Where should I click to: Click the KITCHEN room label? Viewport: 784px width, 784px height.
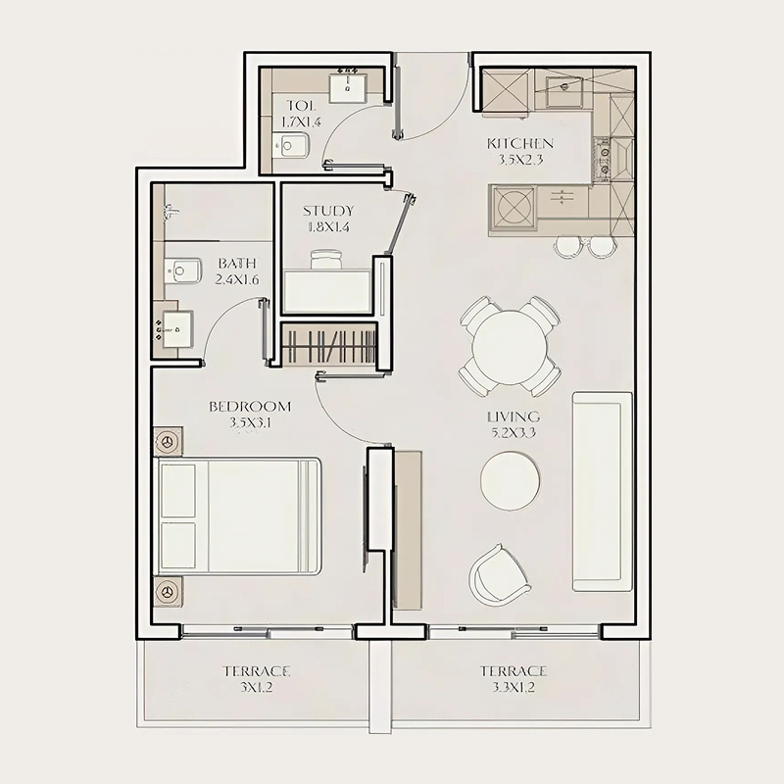(x=520, y=144)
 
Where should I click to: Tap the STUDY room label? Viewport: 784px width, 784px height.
(x=327, y=211)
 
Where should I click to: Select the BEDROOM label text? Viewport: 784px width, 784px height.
(x=250, y=407)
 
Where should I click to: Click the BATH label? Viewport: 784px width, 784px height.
(x=237, y=264)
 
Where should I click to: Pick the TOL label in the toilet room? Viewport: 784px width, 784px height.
(x=300, y=106)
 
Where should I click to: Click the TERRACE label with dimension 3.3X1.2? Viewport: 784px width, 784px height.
(x=513, y=671)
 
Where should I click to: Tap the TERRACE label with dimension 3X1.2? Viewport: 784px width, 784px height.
(x=256, y=671)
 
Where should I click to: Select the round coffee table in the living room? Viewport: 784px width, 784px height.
(x=510, y=480)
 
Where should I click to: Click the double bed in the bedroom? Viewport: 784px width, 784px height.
(x=240, y=515)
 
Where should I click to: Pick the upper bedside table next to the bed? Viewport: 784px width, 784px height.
(x=168, y=442)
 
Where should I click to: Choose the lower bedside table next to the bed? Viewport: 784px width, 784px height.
(x=168, y=592)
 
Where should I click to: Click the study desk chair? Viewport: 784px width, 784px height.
(x=326, y=260)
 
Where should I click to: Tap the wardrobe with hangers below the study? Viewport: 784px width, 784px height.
(x=329, y=346)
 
